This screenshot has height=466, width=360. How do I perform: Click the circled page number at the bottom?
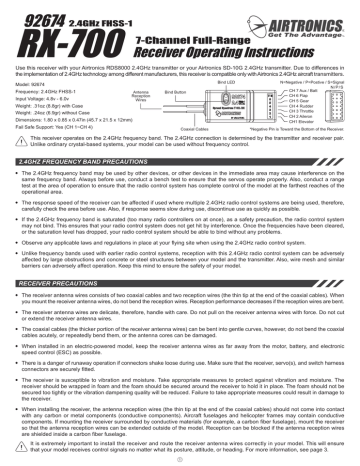[x=181, y=457]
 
